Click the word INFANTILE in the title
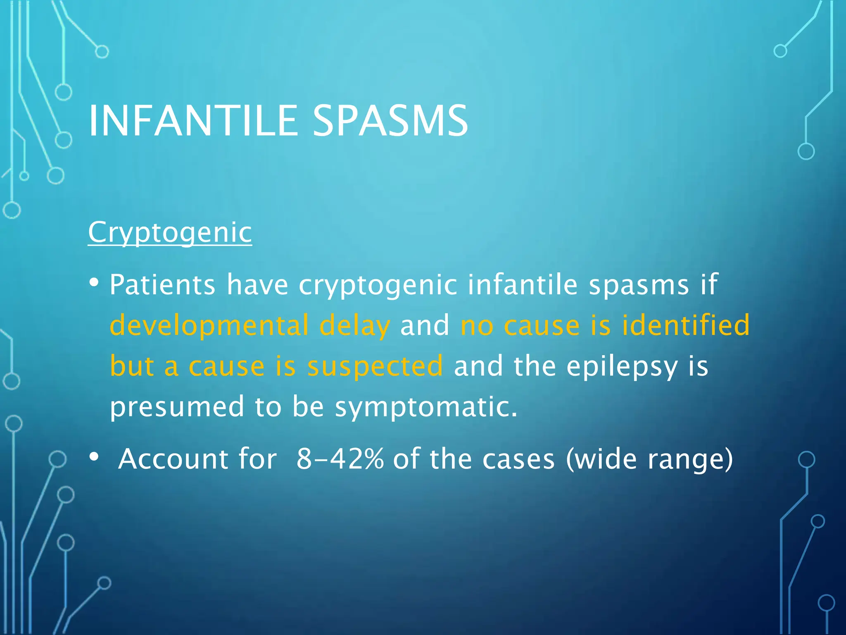point(193,121)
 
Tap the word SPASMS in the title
point(390,121)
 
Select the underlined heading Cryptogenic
point(170,232)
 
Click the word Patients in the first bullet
point(162,285)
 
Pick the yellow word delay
point(354,325)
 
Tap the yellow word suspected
point(375,366)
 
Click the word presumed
point(177,406)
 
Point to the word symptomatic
point(426,407)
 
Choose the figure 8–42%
point(340,459)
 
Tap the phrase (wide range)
point(649,459)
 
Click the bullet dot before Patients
point(94,283)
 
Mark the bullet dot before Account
point(94,457)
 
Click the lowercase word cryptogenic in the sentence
point(378,286)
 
